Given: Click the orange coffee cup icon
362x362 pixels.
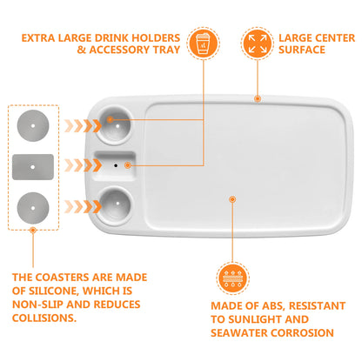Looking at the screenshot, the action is pyautogui.click(x=203, y=44).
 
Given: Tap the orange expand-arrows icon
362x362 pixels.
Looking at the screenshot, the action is pyautogui.click(x=258, y=44).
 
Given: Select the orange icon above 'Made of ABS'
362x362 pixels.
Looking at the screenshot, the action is pyautogui.click(x=232, y=278).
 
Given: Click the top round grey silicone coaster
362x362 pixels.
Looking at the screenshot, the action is pyautogui.click(x=33, y=126).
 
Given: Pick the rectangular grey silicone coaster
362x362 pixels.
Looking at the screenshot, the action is pyautogui.click(x=33, y=167).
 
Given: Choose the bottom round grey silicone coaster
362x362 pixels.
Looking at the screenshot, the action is pyautogui.click(x=33, y=208).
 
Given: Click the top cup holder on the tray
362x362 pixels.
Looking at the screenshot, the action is pyautogui.click(x=115, y=125).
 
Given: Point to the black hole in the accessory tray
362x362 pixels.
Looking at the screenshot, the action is pyautogui.click(x=116, y=165).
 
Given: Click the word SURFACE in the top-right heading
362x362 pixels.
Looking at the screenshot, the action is pyautogui.click(x=302, y=50).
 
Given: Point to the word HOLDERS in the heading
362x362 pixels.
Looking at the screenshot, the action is pyautogui.click(x=156, y=38).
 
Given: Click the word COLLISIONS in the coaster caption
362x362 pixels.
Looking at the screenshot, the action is pyautogui.click(x=44, y=318).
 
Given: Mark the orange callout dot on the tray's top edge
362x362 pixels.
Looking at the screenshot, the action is pyautogui.click(x=258, y=98).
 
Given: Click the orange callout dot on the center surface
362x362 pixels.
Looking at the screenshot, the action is pyautogui.click(x=232, y=199).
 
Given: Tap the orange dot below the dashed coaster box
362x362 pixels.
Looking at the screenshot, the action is pyautogui.click(x=33, y=231).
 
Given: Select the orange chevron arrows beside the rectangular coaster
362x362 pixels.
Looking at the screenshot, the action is pyautogui.click(x=84, y=165).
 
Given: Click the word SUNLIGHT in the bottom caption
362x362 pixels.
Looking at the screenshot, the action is pyautogui.click(x=254, y=319).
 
